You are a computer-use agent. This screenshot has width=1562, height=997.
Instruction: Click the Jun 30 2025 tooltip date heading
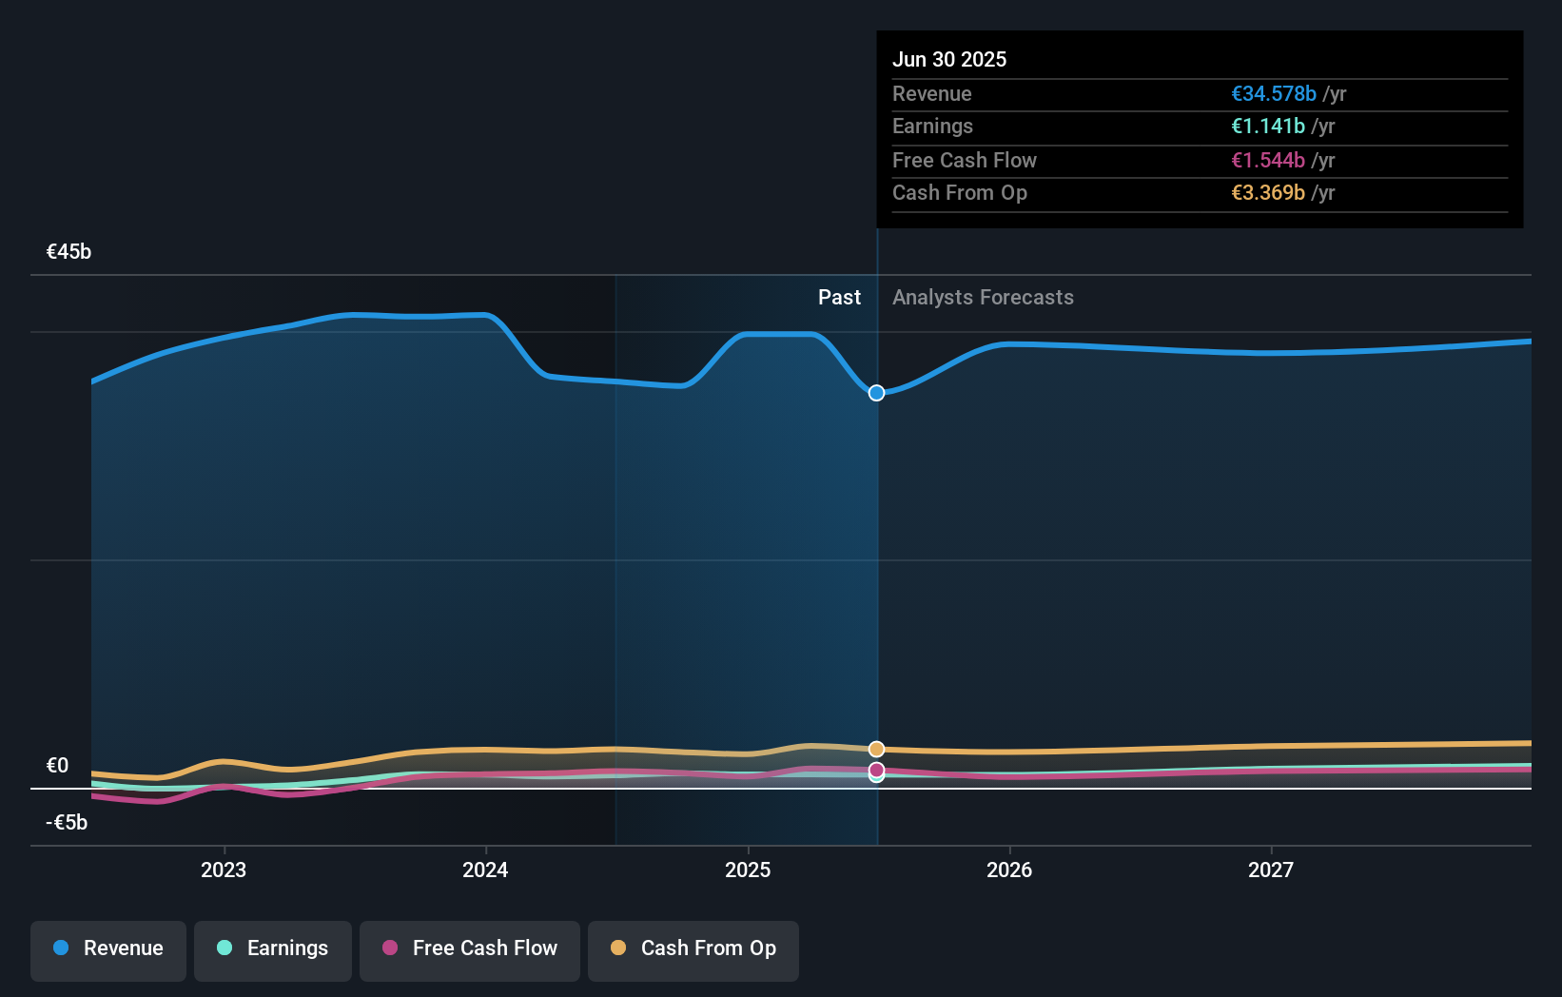[x=948, y=59]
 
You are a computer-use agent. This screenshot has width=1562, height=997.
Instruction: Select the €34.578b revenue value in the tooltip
[x=1273, y=93]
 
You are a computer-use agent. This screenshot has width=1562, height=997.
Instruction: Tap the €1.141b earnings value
[x=1267, y=126]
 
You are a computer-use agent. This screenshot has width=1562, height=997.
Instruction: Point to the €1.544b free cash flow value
[x=1267, y=160]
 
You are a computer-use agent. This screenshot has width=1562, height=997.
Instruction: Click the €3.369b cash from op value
[x=1267, y=192]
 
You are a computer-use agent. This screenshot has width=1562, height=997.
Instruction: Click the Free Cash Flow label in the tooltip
[x=964, y=160]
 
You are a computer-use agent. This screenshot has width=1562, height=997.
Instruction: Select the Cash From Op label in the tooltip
[x=959, y=192]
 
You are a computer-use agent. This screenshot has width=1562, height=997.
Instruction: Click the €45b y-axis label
[x=68, y=251]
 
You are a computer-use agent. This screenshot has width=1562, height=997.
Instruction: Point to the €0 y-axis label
[x=57, y=765]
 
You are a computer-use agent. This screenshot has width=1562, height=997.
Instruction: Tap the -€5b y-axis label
[x=66, y=822]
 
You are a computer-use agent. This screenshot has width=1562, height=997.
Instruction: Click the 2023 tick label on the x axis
[x=224, y=870]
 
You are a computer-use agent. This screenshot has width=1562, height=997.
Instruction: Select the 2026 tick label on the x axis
[x=1008, y=870]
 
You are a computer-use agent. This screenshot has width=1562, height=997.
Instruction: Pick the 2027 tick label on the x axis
[x=1271, y=870]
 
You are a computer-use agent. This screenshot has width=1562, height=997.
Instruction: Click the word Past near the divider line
[x=839, y=297]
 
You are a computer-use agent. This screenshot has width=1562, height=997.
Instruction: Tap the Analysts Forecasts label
[x=983, y=297]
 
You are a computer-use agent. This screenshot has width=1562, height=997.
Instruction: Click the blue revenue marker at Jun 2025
[x=876, y=393]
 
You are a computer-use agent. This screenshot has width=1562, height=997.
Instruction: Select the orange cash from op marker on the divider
[x=876, y=749]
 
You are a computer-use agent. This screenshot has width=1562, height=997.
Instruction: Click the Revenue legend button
[x=108, y=949]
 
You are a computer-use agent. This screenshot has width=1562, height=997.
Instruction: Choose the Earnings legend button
[x=273, y=949]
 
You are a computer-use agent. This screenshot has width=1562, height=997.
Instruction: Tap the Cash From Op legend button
[x=693, y=949]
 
